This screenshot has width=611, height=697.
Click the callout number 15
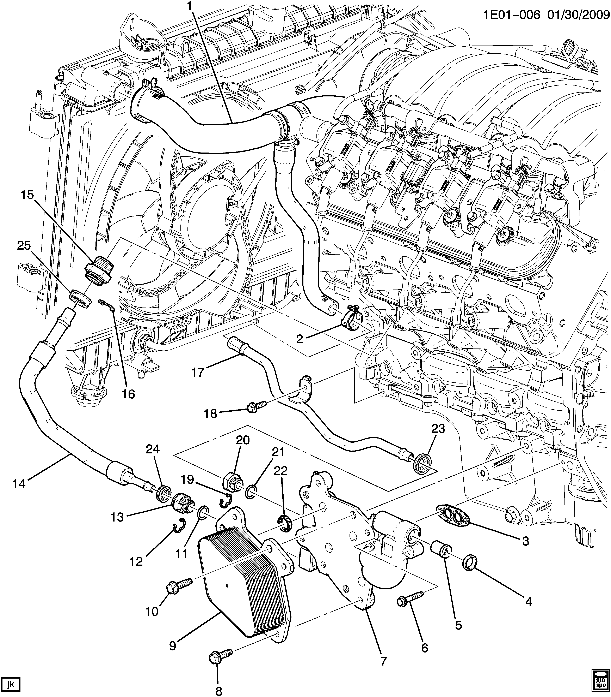[27, 195]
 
